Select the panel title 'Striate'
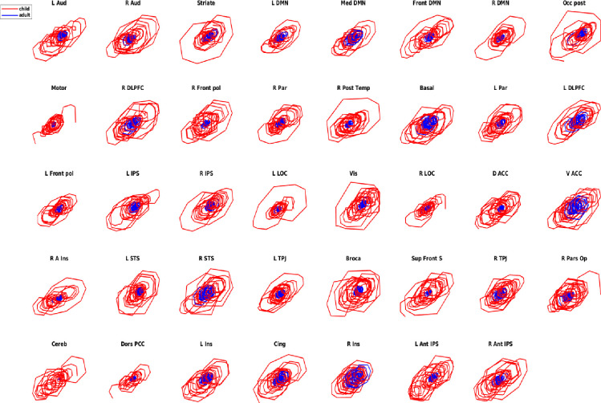click(206, 5)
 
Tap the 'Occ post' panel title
click(575, 5)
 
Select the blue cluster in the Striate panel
click(209, 35)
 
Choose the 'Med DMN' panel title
click(353, 5)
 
